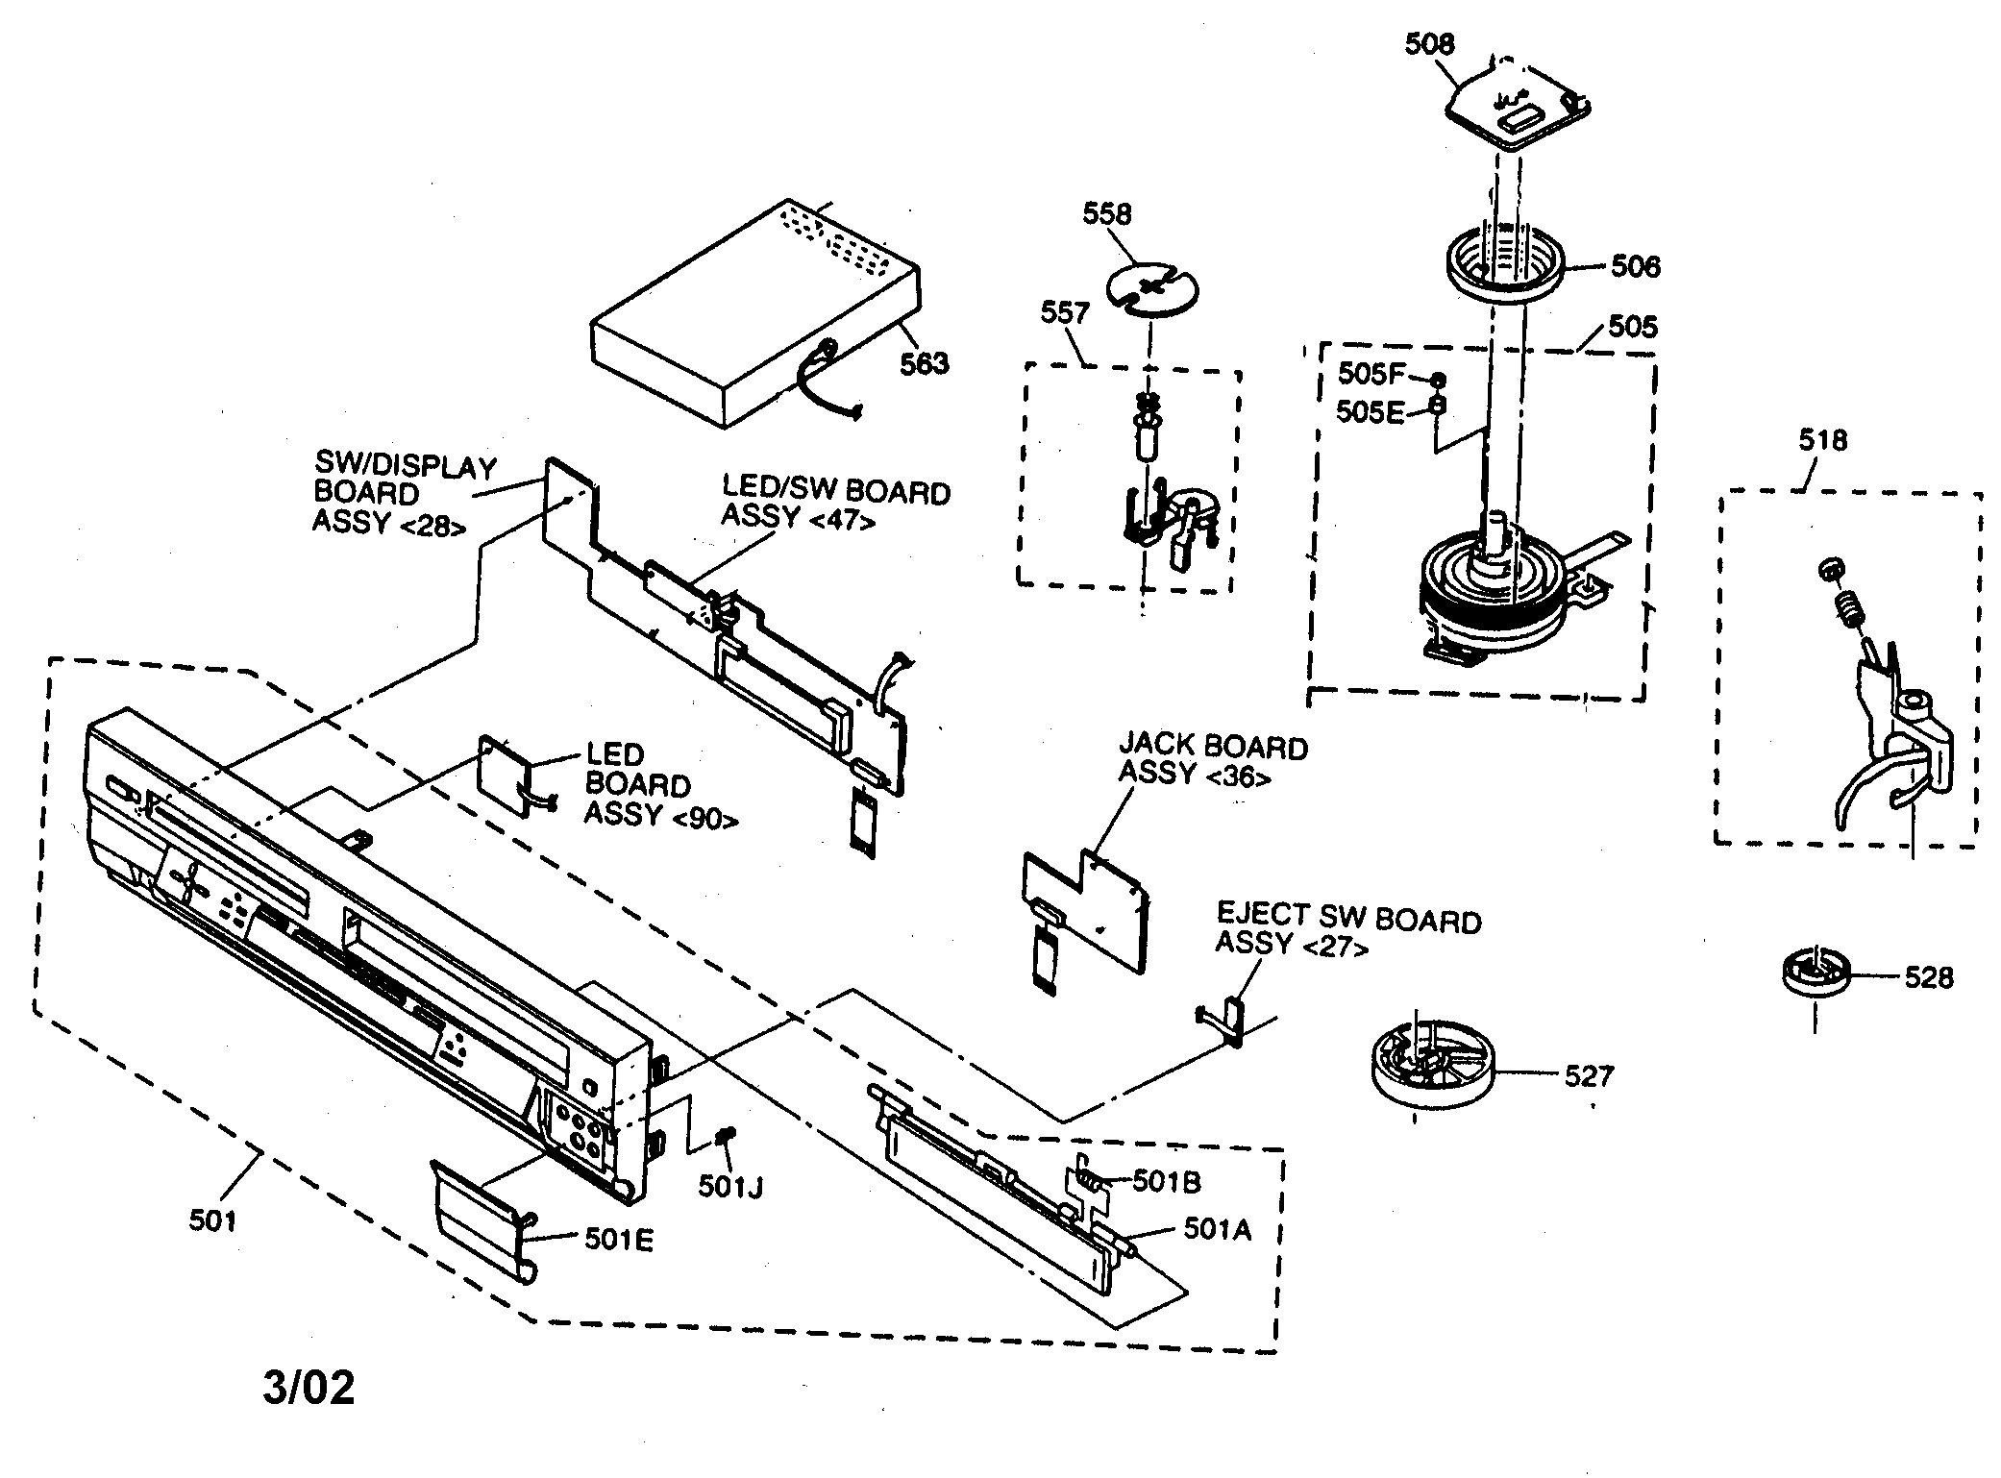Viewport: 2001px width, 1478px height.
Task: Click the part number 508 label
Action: coord(1429,44)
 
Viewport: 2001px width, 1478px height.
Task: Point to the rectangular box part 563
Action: coord(754,317)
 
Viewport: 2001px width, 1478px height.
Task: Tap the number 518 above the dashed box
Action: coord(1822,441)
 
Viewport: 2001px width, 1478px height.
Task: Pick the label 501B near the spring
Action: coord(1166,1181)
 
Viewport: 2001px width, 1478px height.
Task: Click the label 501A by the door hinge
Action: coord(1217,1229)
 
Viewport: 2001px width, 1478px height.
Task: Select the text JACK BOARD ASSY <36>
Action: coord(1213,760)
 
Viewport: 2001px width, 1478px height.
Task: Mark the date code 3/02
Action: coord(309,1389)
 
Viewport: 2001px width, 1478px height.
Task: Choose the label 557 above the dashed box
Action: coord(1065,313)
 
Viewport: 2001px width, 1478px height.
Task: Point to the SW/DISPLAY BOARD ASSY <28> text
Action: coord(404,495)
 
